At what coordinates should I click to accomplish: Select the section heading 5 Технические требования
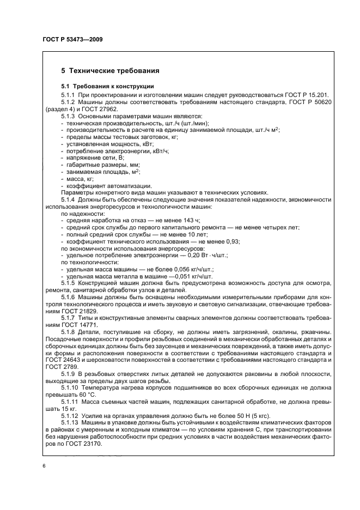pyautogui.click(x=110, y=71)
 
